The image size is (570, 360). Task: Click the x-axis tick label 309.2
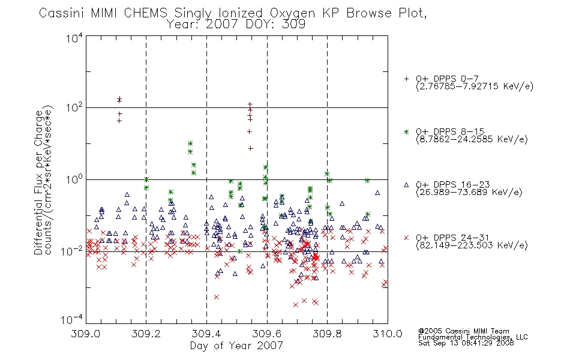pos(146,334)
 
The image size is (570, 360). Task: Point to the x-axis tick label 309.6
pos(266,334)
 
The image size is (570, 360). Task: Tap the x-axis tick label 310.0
pos(388,334)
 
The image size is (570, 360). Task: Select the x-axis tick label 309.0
pos(86,334)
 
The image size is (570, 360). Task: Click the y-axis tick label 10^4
pos(74,38)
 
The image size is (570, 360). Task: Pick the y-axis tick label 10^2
pos(74,108)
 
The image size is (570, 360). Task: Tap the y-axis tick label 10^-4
pos(71,320)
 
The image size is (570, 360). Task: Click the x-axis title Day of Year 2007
pos(236,346)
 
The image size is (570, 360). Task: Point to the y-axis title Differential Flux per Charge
pos(38,182)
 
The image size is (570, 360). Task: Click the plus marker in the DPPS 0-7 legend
pos(406,79)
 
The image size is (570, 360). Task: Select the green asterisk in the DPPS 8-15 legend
pos(406,132)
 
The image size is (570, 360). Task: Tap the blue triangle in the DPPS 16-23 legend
pos(406,185)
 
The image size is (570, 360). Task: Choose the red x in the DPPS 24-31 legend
pos(406,238)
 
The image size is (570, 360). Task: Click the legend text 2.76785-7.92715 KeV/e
pos(475,86)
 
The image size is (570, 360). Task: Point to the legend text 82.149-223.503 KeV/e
pos(472,245)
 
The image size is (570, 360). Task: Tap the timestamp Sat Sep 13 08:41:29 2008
pos(466,343)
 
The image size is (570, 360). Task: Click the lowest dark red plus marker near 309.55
pos(250,148)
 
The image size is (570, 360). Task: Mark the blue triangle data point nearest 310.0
pos(381,261)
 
